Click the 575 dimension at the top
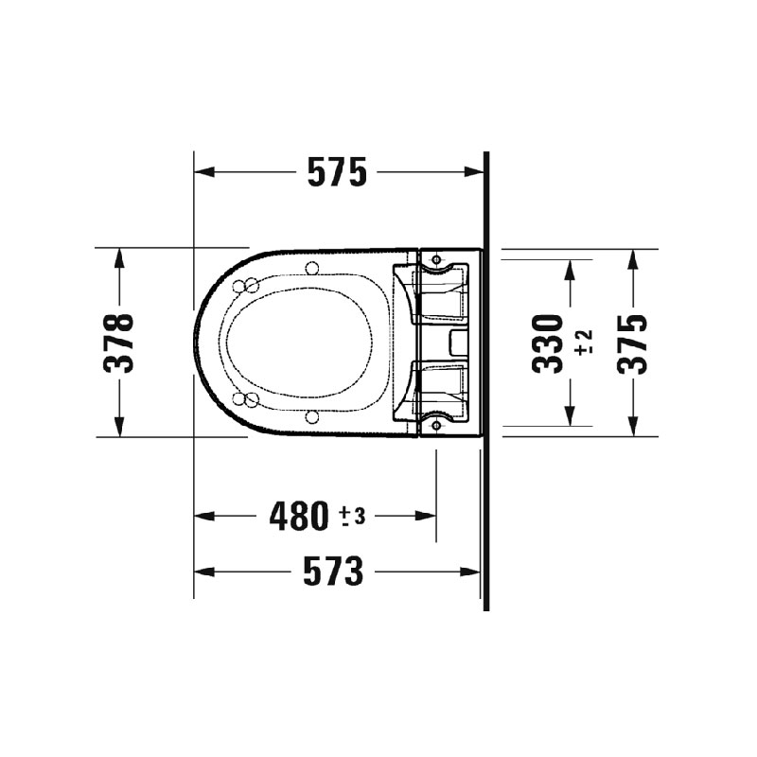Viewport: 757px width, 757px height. (336, 173)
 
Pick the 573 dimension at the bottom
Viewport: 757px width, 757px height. (333, 572)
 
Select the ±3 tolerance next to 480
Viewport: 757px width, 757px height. (352, 516)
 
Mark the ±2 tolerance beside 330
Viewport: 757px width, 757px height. (583, 343)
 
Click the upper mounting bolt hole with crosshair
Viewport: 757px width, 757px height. (435, 258)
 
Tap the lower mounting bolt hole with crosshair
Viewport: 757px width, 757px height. (435, 426)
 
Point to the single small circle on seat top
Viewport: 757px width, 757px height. (311, 268)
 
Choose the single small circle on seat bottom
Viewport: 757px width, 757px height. (311, 416)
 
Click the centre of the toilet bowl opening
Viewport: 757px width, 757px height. (301, 343)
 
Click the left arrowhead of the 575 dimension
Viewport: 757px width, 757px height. (201, 173)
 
